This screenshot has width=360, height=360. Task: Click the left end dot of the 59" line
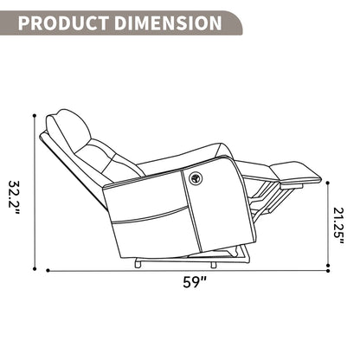(x=48, y=271)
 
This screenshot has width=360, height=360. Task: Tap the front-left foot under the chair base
(x=139, y=262)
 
